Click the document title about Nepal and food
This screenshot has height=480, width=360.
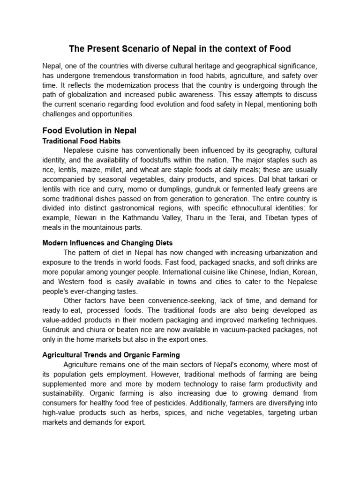coord(180,49)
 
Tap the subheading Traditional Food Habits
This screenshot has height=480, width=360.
coord(81,141)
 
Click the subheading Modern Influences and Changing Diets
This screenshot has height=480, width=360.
coord(107,243)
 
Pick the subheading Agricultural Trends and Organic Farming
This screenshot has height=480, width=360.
coord(111,355)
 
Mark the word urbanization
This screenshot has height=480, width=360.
coord(276,252)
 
